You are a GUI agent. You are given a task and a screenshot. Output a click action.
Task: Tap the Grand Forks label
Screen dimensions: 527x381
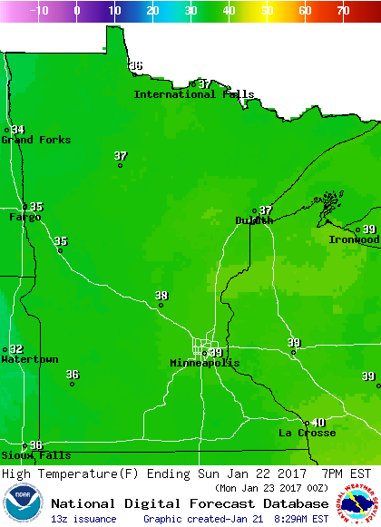(x=30, y=140)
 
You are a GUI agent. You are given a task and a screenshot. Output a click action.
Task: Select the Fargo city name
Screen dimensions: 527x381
(x=25, y=217)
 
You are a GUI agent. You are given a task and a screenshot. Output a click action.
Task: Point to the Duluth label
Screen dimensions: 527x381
(x=254, y=220)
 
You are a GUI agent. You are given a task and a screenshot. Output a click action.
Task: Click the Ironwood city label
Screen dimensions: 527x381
(x=354, y=239)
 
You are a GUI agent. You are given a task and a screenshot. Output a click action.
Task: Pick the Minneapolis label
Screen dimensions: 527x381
(x=205, y=363)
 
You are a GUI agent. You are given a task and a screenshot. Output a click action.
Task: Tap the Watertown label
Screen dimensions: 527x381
(x=30, y=360)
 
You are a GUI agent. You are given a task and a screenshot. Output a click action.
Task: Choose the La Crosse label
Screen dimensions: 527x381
(x=307, y=433)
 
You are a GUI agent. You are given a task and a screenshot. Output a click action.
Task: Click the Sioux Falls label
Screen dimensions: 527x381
(x=23, y=454)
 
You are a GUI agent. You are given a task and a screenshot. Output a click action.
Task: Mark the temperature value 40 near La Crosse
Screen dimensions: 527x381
(x=318, y=422)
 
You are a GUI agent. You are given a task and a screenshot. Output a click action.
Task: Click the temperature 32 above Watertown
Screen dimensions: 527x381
(x=16, y=349)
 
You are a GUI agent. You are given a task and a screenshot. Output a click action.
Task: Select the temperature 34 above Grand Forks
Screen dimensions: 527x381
(x=18, y=130)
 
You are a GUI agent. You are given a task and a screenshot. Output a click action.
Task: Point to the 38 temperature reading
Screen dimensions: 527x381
(x=161, y=296)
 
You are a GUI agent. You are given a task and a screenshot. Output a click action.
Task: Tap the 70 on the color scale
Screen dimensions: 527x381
(x=343, y=11)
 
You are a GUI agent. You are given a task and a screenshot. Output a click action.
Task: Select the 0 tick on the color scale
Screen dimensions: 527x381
(x=76, y=11)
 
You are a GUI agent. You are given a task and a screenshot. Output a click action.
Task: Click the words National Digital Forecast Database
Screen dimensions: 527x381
(x=190, y=503)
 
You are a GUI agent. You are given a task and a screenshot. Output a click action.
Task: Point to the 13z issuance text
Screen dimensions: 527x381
(x=83, y=519)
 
